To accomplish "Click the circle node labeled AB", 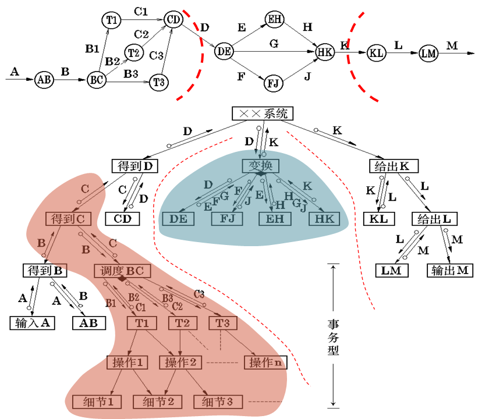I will point(43,80).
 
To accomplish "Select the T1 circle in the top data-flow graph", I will point(111,20).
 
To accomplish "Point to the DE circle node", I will point(224,51).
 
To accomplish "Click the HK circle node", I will point(324,52).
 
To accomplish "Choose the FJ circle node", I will point(274,83).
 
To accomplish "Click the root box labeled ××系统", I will point(260,114).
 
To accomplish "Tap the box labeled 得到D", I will point(134,166).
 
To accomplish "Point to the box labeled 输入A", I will point(32,322).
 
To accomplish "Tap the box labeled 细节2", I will point(158,402).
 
